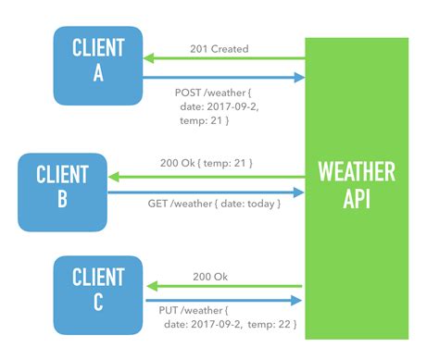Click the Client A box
coord(97,63)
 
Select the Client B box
coord(63,185)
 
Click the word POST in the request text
coord(189,93)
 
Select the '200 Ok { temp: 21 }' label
coord(207,163)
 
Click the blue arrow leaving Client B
coord(206,192)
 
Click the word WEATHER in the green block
coord(357,172)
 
